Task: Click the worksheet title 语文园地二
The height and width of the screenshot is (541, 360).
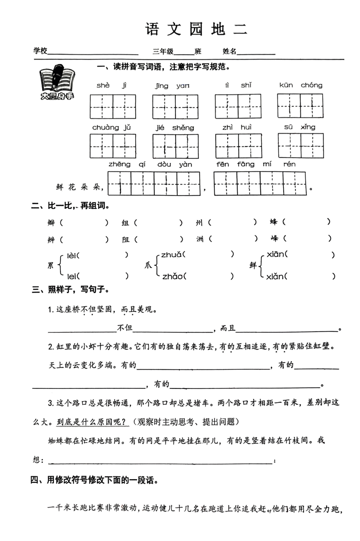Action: click(196, 29)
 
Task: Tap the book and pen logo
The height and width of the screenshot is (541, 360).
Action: click(57, 82)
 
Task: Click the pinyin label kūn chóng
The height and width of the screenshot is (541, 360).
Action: click(301, 85)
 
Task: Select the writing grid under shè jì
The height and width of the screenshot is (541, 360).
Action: click(113, 107)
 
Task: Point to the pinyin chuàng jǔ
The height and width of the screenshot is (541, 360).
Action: click(111, 127)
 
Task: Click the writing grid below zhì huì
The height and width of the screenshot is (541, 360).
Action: click(238, 146)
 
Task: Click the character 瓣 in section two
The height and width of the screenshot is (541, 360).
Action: click(51, 222)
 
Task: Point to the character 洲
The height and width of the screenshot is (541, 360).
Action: click(200, 239)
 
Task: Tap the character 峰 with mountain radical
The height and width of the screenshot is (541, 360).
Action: click(274, 238)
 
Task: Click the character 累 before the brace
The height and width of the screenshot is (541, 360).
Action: click(51, 265)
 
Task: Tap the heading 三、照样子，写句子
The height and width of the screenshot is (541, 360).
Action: click(71, 290)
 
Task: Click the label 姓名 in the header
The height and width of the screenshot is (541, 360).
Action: click(229, 51)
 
